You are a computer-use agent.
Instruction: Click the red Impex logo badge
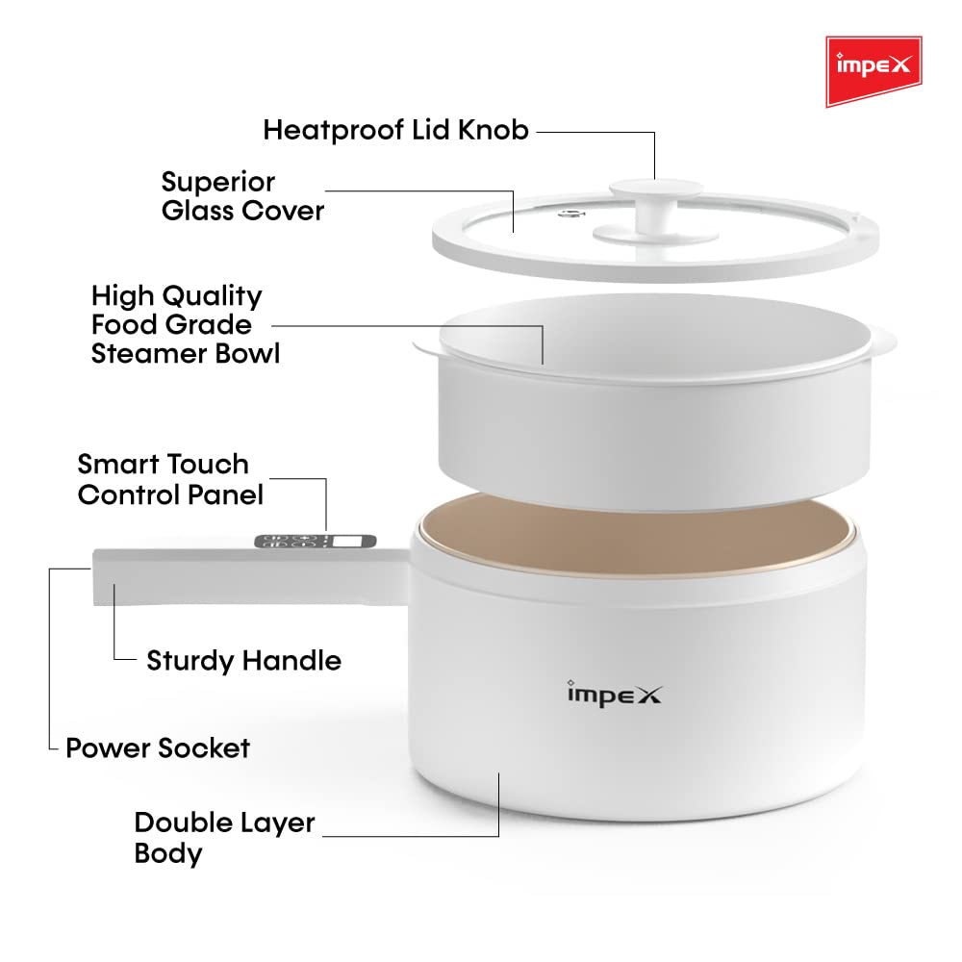click(873, 71)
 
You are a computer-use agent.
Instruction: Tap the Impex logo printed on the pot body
click(614, 694)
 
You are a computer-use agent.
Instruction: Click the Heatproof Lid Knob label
click(395, 130)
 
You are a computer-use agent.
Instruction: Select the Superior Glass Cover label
click(242, 195)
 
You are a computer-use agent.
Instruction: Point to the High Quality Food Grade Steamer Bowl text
click(186, 324)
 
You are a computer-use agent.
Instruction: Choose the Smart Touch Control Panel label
click(170, 479)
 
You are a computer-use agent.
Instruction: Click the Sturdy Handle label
click(243, 661)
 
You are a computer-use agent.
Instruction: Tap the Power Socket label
click(158, 747)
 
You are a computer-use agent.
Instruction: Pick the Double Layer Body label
click(224, 838)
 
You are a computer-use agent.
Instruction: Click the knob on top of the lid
click(655, 210)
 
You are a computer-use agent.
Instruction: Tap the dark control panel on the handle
click(316, 541)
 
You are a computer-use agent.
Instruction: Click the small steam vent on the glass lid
click(571, 214)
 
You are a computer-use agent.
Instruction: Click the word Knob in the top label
click(494, 130)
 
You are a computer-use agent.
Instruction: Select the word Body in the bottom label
click(168, 853)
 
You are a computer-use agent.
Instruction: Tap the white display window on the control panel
click(347, 541)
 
